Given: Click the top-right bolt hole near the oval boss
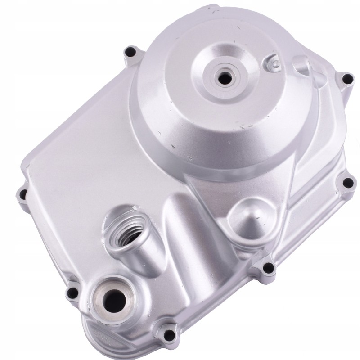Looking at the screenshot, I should (346, 79).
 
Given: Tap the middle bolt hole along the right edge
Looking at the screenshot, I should (347, 182).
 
